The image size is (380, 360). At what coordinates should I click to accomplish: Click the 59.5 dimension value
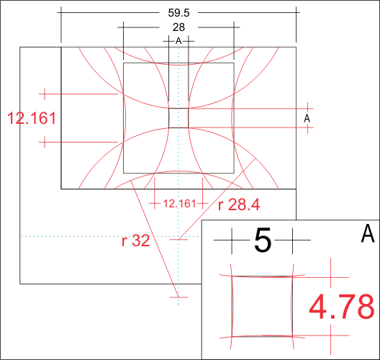click(x=178, y=13)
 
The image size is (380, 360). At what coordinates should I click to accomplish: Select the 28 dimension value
click(x=178, y=27)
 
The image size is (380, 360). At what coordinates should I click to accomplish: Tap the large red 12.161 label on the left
click(x=32, y=118)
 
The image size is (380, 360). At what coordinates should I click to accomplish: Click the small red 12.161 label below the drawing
click(x=179, y=204)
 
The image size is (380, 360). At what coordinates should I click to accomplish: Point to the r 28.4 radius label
click(x=239, y=204)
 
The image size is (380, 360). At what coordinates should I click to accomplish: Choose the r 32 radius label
click(x=136, y=241)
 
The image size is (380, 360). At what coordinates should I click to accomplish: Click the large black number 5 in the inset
click(x=263, y=240)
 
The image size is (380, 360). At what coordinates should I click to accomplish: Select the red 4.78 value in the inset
click(x=342, y=307)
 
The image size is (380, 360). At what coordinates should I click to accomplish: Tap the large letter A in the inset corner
click(x=368, y=233)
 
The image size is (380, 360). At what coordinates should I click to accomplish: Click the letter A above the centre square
click(x=178, y=41)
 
